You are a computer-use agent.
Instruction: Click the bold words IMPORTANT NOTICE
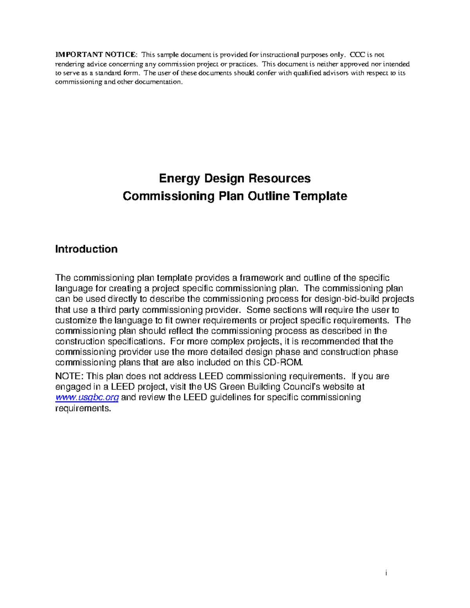point(96,55)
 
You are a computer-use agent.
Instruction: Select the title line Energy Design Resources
point(235,179)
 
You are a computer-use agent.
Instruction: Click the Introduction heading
point(86,249)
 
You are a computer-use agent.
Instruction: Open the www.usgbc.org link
point(87,397)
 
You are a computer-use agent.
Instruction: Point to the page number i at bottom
point(386,573)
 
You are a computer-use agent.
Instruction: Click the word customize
point(76,320)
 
